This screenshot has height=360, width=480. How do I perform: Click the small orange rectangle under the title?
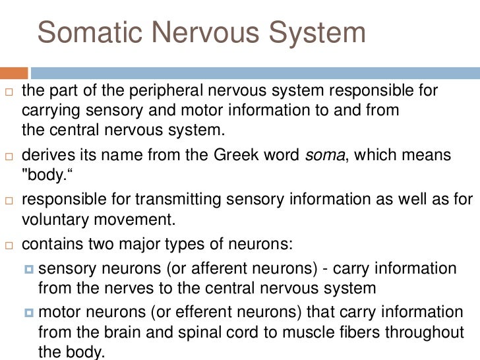pos(14,72)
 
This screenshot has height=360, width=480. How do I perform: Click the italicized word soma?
pos(324,156)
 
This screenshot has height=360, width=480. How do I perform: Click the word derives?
pos(46,156)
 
